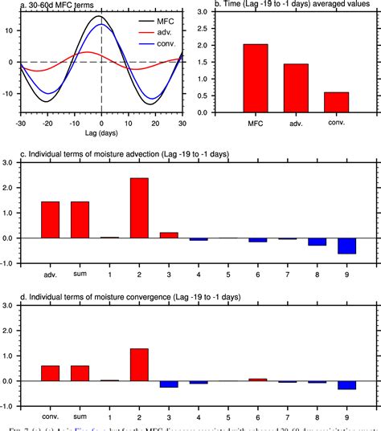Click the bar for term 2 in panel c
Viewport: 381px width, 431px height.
pyautogui.click(x=138, y=208)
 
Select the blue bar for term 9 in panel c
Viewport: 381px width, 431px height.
pyautogui.click(x=346, y=246)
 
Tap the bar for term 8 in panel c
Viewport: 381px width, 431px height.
pyautogui.click(x=317, y=242)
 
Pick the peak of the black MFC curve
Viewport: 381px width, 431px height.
pyautogui.click(x=100, y=16)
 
